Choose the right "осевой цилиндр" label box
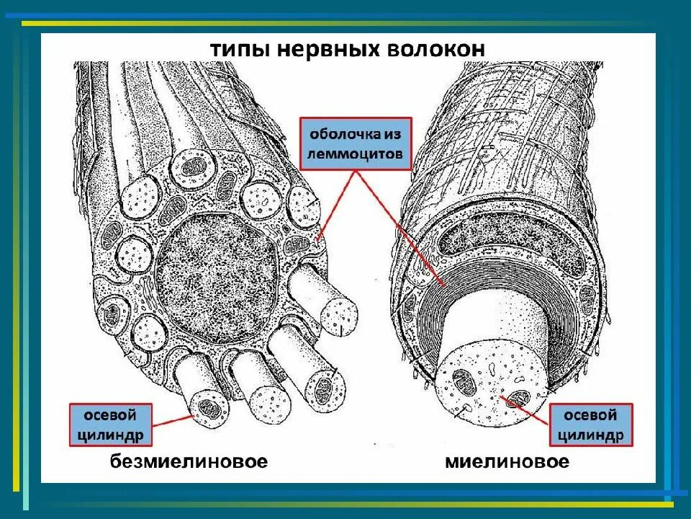point(590,425)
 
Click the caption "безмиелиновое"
point(189,461)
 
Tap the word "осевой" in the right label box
point(590,416)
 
